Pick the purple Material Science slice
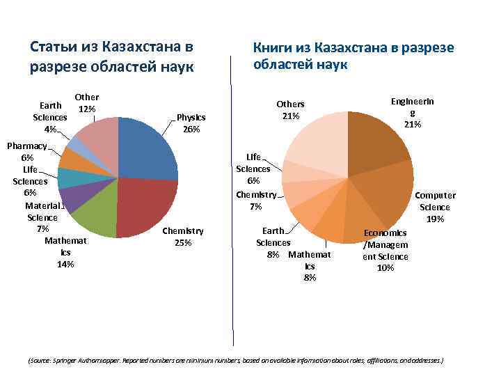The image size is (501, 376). tap(73, 199)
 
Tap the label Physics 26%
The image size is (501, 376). tap(192, 123)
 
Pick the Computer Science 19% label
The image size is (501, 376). tap(436, 207)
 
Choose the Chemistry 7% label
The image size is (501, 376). tap(256, 201)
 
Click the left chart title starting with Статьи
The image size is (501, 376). tap(111, 57)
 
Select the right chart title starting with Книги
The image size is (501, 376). tap(353, 56)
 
